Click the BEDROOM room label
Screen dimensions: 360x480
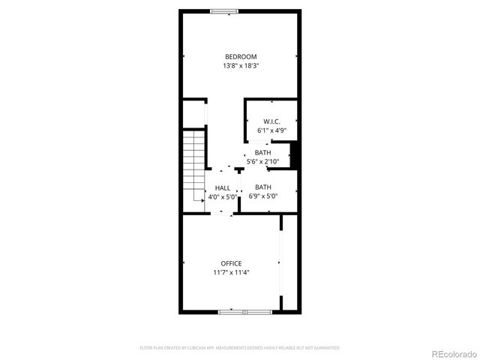(x=241, y=56)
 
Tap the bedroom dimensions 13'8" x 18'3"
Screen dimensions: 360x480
(x=241, y=66)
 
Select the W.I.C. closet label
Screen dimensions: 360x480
(x=271, y=121)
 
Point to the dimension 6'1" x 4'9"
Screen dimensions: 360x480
(x=271, y=130)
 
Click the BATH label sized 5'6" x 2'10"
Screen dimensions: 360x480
(x=262, y=152)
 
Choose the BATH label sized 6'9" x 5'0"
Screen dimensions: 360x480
(x=262, y=187)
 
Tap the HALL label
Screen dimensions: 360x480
(x=223, y=188)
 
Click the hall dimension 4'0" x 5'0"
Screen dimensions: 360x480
(x=223, y=197)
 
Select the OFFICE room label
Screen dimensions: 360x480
(x=231, y=263)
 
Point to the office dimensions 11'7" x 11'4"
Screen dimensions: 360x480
(x=231, y=272)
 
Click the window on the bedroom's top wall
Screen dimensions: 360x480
(x=224, y=10)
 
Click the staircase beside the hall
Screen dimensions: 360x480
(x=194, y=165)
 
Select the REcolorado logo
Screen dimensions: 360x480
(x=452, y=353)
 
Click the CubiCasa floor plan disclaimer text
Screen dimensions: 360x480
(x=240, y=348)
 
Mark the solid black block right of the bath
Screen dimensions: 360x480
(x=295, y=156)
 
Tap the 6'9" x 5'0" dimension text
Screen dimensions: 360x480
(x=262, y=196)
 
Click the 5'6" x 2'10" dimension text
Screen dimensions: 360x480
(x=262, y=161)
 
